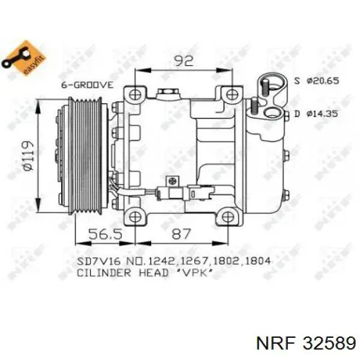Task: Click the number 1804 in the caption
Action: (x=257, y=261)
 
